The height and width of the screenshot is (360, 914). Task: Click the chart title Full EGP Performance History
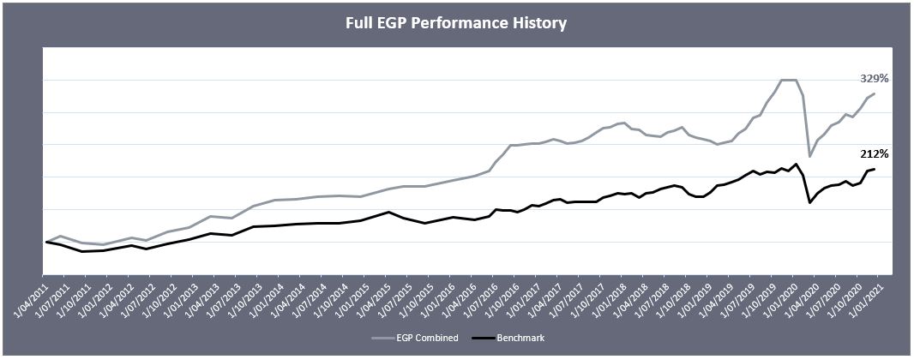click(x=456, y=23)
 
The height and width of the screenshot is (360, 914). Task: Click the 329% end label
click(x=874, y=78)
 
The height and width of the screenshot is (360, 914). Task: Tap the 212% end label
click(x=874, y=154)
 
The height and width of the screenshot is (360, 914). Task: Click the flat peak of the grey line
click(x=789, y=80)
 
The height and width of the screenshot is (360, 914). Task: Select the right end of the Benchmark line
click(x=874, y=169)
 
